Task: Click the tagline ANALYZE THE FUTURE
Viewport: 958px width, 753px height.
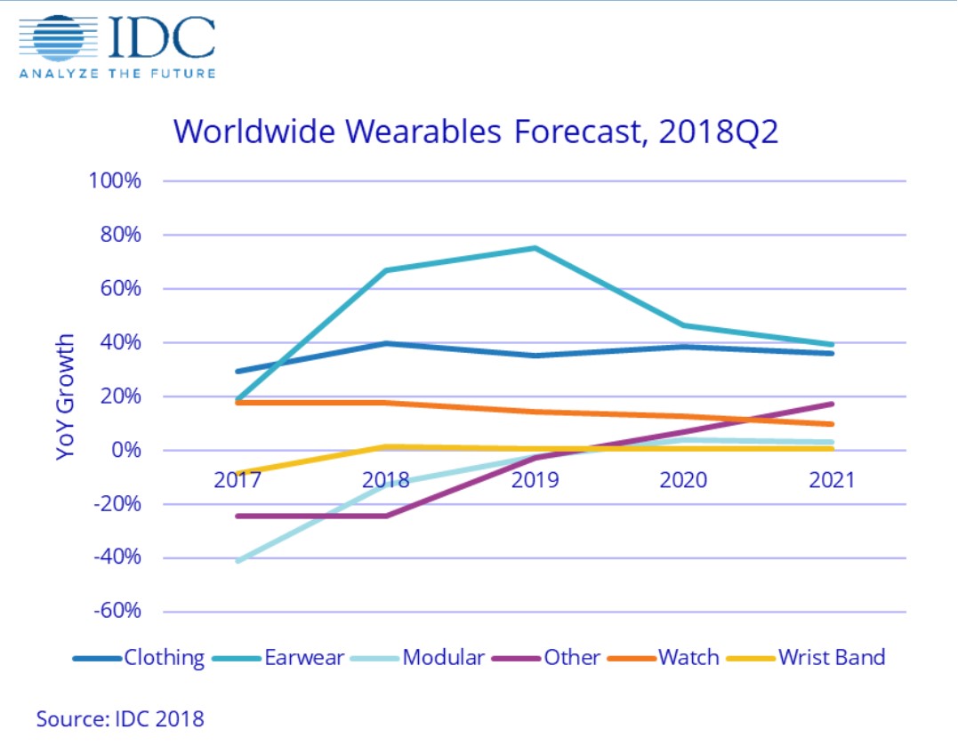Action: [x=117, y=73]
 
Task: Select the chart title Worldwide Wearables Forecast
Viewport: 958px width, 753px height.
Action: [x=476, y=130]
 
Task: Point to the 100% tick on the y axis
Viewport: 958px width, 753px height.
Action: [x=115, y=181]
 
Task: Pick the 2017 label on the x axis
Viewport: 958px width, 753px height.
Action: [x=237, y=480]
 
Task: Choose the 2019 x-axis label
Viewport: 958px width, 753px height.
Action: [x=535, y=480]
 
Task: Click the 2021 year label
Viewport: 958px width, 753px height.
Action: [x=831, y=480]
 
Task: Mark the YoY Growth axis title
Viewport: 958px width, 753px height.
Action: [x=66, y=397]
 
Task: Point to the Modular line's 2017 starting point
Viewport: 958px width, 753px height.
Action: [x=237, y=561]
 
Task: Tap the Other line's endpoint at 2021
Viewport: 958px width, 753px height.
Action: [x=832, y=405]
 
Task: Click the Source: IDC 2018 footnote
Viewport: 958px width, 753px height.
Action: [x=120, y=717]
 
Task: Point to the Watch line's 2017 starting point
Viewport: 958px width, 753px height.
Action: [x=237, y=403]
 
